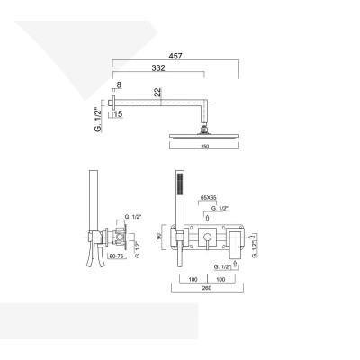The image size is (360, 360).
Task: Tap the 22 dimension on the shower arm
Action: coord(158,92)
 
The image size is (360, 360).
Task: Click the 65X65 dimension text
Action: coord(210,194)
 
